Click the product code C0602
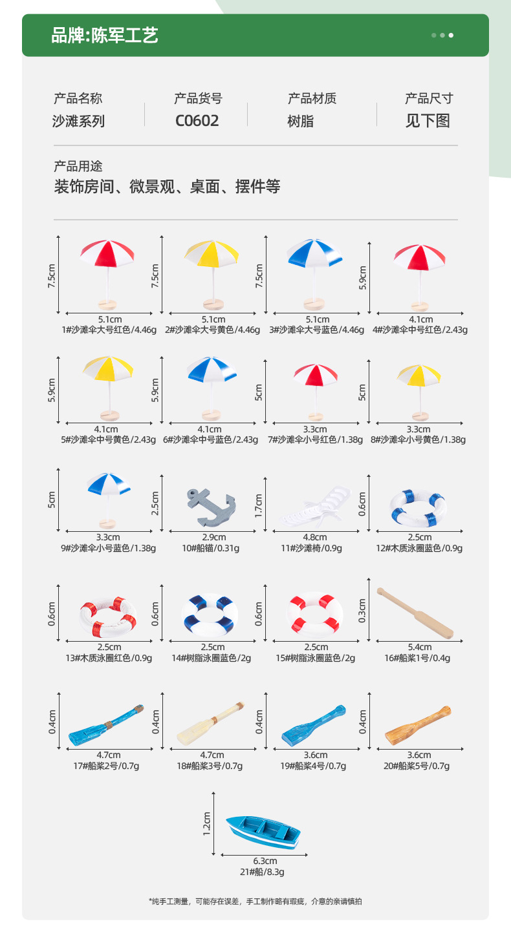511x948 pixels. point(197,121)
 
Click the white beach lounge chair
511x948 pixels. point(317,507)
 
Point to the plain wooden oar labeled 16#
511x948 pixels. point(415,613)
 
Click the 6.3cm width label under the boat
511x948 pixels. point(265,861)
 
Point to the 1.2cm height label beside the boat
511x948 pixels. point(207,824)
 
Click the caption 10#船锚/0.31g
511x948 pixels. point(210,548)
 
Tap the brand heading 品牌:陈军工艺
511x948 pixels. point(105,36)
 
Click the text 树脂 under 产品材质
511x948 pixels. point(301,121)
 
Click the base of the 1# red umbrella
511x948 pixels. point(108,304)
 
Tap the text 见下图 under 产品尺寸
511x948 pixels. point(428,121)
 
